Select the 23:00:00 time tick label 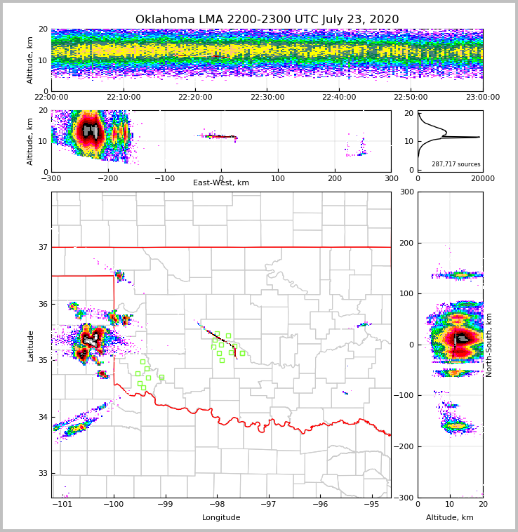click(x=482, y=98)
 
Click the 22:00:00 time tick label click(x=51, y=98)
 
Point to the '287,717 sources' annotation click(x=456, y=164)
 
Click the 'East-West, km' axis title click(x=221, y=183)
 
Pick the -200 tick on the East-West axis click(x=107, y=178)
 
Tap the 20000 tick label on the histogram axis click(x=482, y=178)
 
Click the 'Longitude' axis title click(x=221, y=518)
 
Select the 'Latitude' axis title click(x=31, y=345)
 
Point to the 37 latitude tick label click(x=42, y=247)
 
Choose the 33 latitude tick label click(x=42, y=474)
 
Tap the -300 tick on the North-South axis click(x=406, y=498)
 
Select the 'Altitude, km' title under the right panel click(x=450, y=518)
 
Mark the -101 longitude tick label click(x=62, y=505)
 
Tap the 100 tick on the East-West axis click(x=278, y=178)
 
